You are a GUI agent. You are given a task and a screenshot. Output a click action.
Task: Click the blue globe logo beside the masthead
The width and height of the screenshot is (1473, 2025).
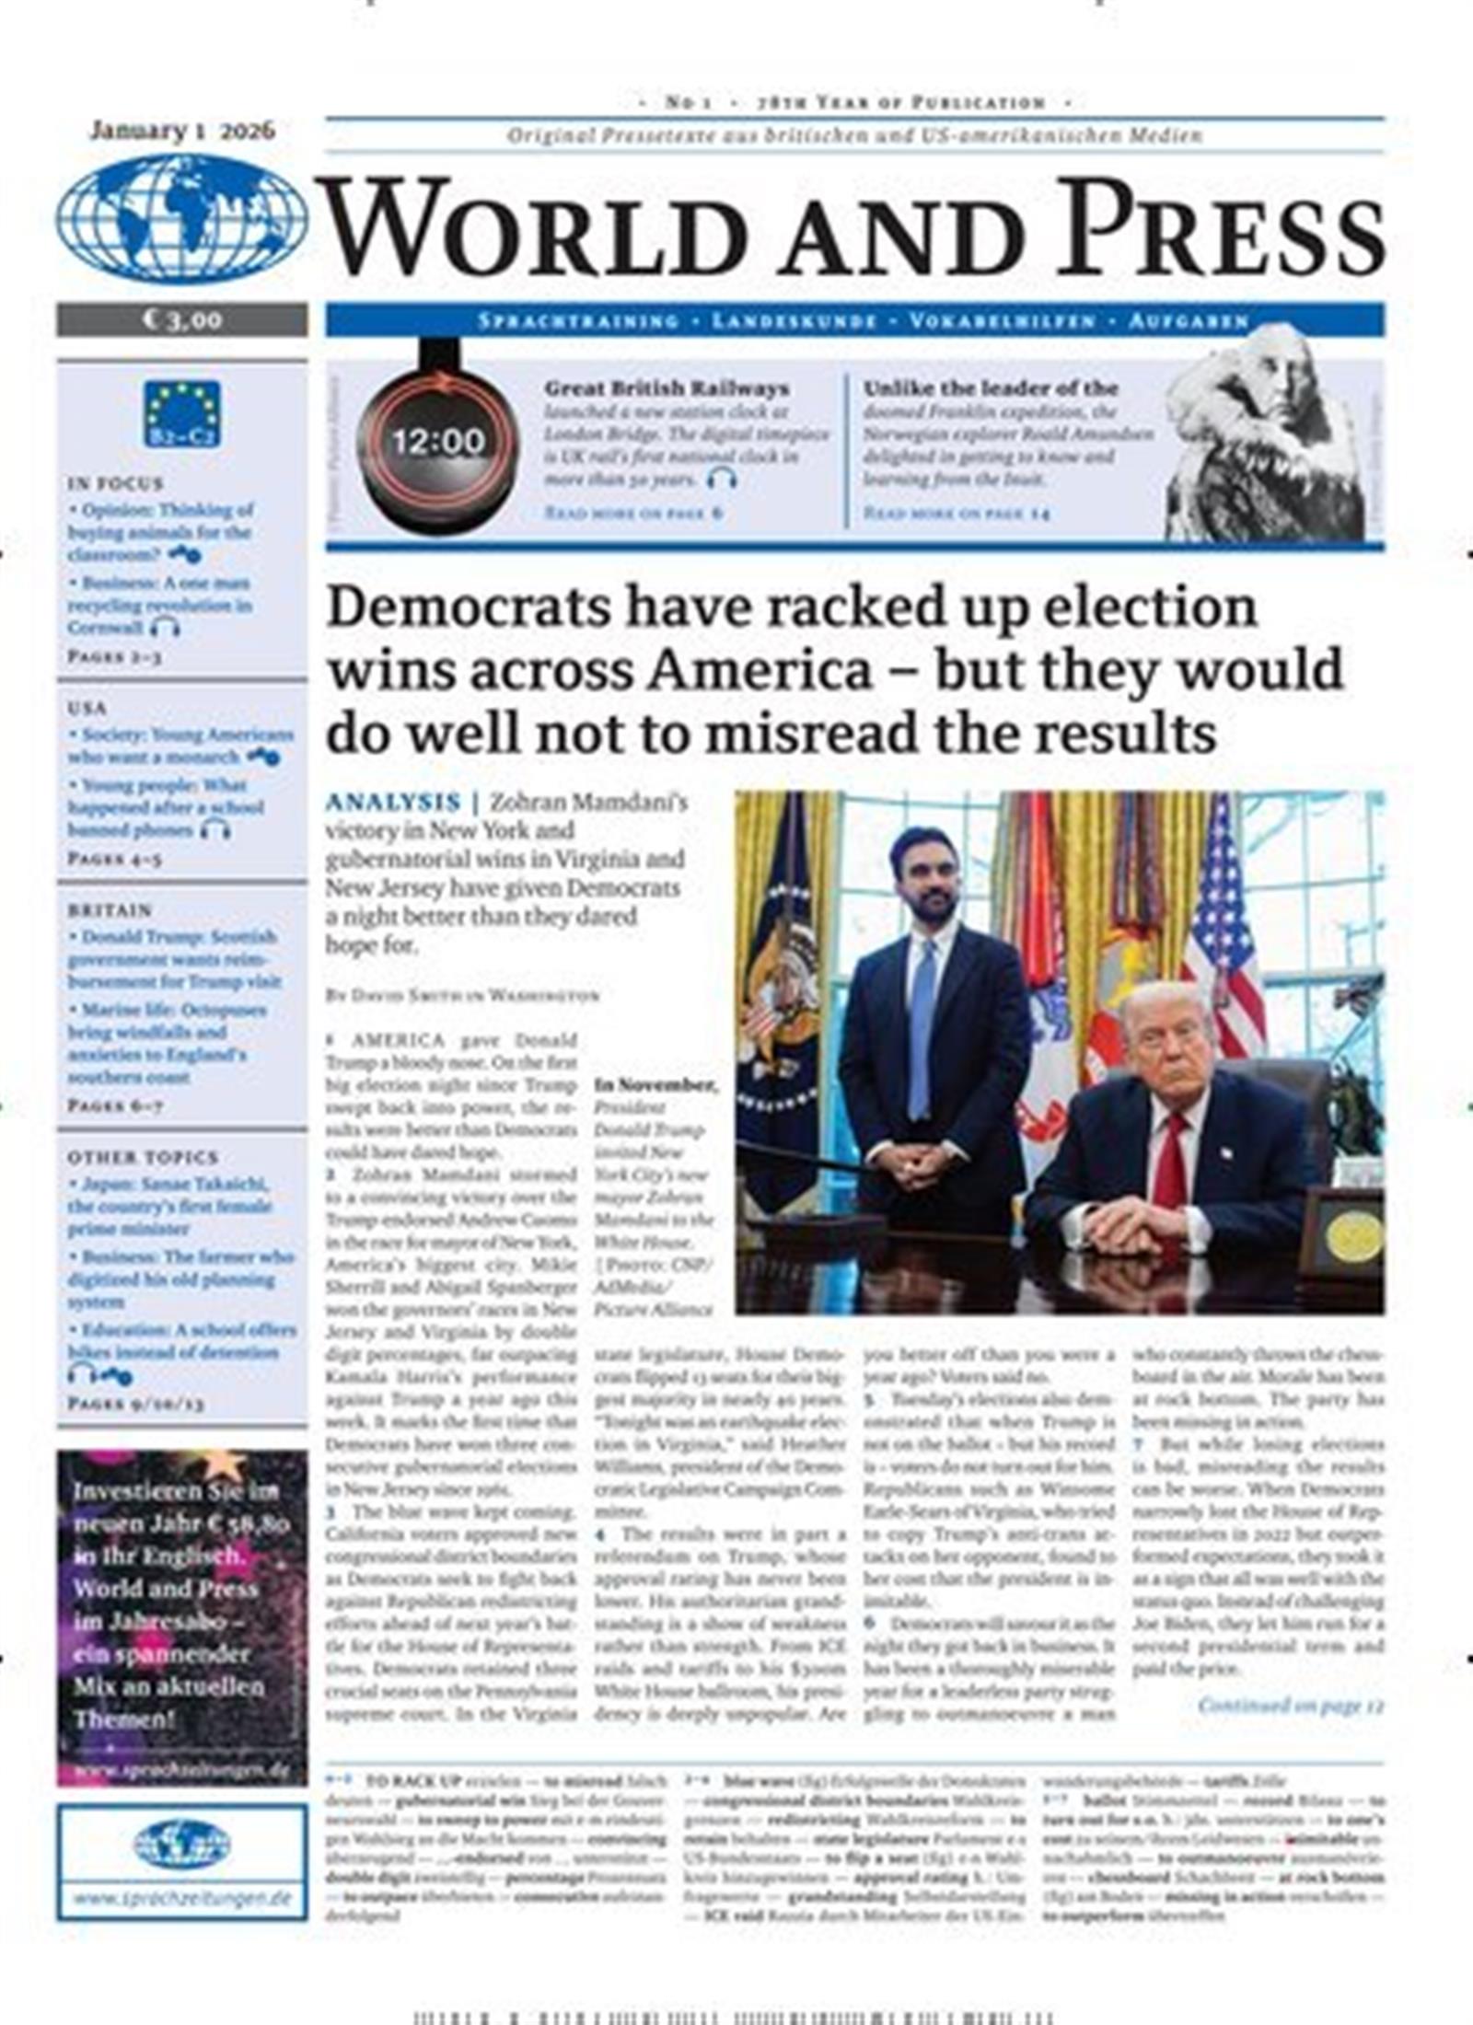coord(181,218)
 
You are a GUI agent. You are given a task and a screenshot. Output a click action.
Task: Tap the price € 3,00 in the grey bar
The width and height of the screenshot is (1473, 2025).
coord(182,319)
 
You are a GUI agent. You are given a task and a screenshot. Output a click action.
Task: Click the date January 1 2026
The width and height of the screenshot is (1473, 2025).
coord(182,131)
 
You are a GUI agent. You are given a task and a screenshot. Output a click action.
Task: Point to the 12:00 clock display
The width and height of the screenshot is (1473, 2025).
coord(438,441)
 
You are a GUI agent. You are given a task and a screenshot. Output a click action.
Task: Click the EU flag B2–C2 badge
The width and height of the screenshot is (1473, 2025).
coord(182,413)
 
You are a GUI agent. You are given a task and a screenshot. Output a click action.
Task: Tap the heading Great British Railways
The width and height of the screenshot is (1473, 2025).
coord(667,388)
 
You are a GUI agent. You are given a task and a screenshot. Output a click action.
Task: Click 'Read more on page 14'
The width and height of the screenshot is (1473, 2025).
coord(956,513)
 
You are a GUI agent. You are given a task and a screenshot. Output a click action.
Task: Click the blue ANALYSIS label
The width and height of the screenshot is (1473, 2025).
coord(392,802)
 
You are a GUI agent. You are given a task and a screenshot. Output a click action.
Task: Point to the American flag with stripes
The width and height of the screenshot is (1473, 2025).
coord(1223,930)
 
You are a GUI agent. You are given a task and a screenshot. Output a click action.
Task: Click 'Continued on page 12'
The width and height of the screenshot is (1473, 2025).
coord(1291,1706)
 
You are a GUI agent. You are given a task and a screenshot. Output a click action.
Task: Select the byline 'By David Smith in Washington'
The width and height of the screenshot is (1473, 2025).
coord(462,996)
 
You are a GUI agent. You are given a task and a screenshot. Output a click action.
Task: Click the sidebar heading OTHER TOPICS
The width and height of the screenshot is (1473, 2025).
coord(143,1157)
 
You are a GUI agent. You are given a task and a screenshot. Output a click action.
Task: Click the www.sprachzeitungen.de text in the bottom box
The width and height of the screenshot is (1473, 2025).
coord(181,1899)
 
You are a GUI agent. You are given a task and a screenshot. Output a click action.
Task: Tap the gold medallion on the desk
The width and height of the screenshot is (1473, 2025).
coord(1352,1236)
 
